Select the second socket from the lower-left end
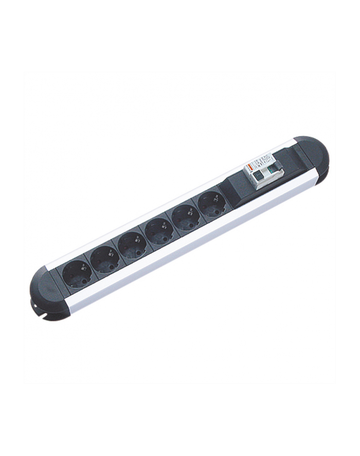[x=105, y=258]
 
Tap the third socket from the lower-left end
[x=133, y=244]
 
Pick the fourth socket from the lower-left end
[x=160, y=230]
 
